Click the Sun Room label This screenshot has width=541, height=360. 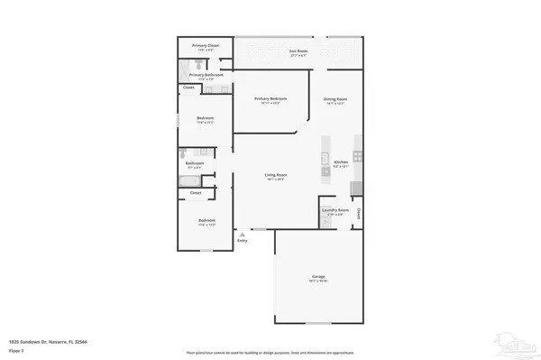(294, 51)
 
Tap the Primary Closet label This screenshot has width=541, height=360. (206, 45)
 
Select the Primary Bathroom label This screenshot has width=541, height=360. (206, 75)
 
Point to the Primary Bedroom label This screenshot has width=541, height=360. (270, 98)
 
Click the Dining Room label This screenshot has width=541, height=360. (335, 98)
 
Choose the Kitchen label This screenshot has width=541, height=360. (341, 162)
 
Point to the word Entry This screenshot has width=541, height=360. (242, 241)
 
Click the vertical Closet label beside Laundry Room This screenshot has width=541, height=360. (358, 214)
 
